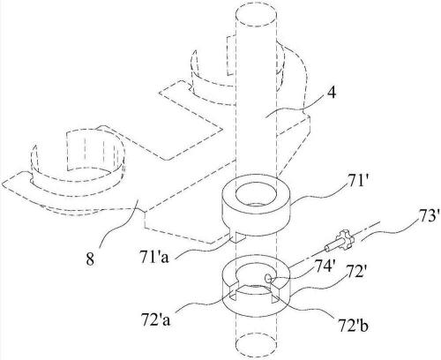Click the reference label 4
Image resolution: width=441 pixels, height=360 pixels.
tap(331, 94)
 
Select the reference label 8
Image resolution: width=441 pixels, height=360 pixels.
tap(90, 259)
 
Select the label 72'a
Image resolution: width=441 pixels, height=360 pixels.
tap(156, 320)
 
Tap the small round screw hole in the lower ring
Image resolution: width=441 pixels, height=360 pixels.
tap(268, 278)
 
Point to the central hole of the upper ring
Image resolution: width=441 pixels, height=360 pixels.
tap(256, 194)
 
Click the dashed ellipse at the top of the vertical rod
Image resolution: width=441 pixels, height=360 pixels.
tap(256, 16)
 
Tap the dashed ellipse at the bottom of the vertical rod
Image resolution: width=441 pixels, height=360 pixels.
tap(256, 345)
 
